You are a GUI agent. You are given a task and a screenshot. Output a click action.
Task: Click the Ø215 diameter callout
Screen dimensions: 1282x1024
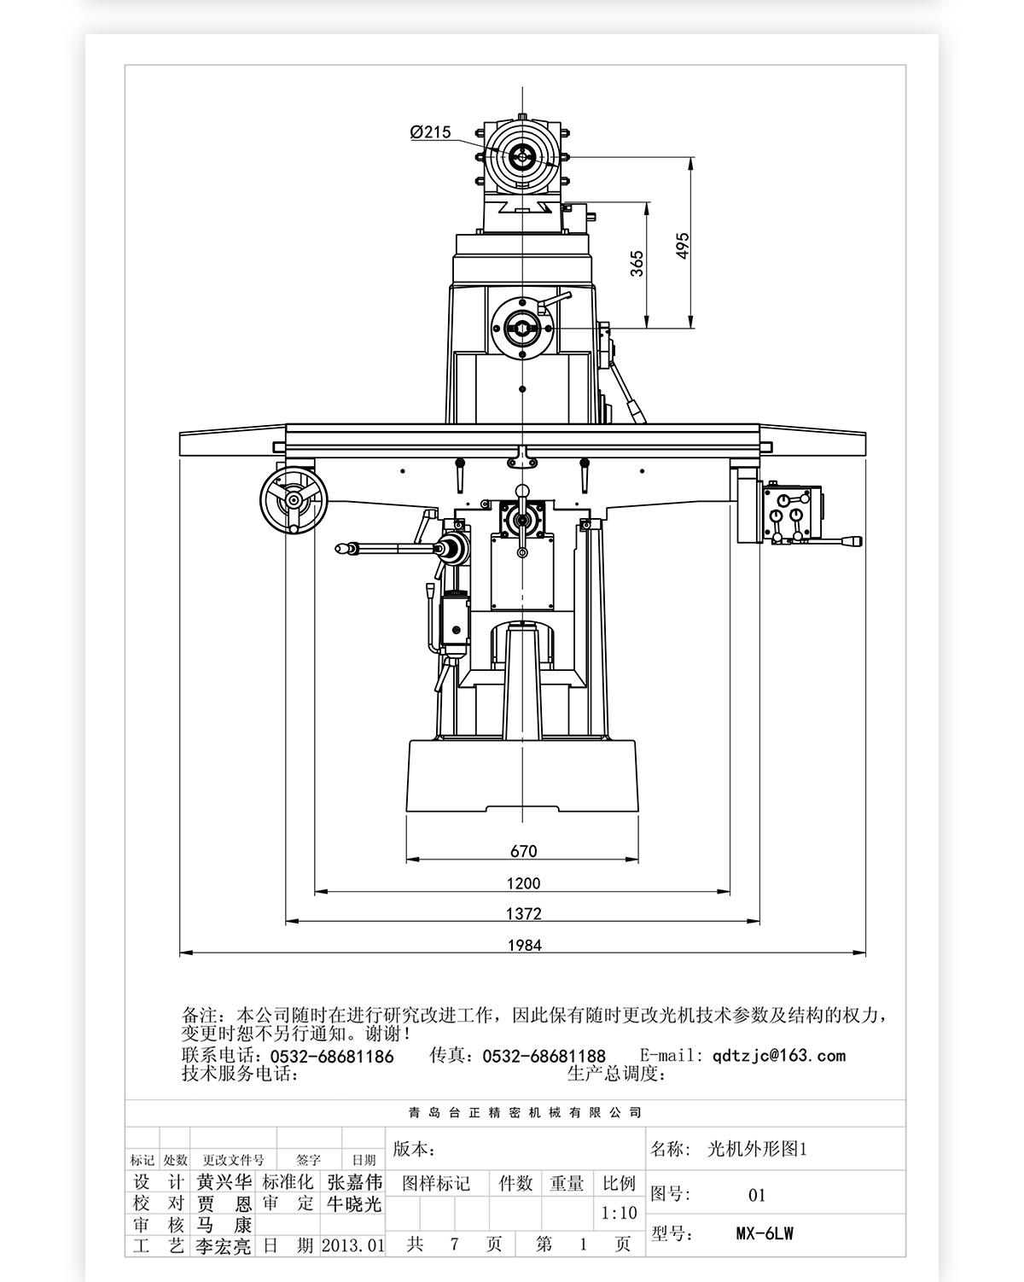tap(430, 132)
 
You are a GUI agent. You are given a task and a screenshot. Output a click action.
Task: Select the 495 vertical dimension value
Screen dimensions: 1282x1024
tap(683, 247)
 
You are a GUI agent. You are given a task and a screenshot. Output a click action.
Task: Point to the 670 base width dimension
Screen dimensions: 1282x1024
tap(523, 851)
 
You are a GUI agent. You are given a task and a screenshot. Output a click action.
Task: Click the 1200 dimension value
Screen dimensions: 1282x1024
tap(523, 883)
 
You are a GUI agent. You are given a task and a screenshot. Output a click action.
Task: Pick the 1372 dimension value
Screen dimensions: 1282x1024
tap(523, 914)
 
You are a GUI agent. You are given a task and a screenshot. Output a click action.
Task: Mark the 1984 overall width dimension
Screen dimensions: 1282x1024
tap(524, 945)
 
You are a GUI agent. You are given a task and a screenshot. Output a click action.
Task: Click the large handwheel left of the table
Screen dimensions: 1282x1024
tap(293, 501)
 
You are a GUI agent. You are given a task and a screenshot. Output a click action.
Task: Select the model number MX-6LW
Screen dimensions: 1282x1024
tap(765, 1233)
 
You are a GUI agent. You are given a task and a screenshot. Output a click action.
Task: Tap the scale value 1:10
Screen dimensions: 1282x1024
tap(619, 1213)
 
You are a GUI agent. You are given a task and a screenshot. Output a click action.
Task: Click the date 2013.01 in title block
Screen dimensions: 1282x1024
tap(353, 1245)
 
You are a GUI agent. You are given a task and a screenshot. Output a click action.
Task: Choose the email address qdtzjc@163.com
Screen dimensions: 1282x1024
tap(779, 1056)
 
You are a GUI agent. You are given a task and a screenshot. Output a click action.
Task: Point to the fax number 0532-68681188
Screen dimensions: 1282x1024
tap(544, 1057)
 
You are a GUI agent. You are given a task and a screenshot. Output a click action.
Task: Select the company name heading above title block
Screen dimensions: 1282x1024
tap(524, 1113)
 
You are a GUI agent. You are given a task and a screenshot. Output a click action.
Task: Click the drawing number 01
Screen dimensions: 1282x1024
tap(757, 1195)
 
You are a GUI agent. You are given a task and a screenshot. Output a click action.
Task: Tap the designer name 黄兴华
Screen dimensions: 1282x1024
tap(224, 1182)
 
